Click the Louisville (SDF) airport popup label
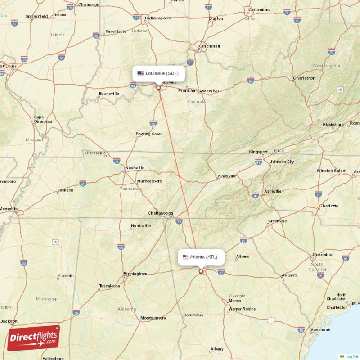(159, 73)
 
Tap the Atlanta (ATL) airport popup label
(201, 257)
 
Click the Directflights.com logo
(33, 337)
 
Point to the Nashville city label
(135, 168)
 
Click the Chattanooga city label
(161, 213)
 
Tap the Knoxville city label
(227, 176)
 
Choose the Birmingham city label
(135, 274)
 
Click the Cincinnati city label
(210, 46)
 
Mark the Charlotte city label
(328, 206)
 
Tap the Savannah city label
(320, 330)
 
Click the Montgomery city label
(153, 318)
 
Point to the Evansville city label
(109, 94)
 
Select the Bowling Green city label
(149, 134)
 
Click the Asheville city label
(273, 191)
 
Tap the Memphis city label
(9, 209)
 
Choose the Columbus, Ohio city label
(259, 10)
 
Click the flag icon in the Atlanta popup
(185, 257)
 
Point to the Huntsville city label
(140, 226)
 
